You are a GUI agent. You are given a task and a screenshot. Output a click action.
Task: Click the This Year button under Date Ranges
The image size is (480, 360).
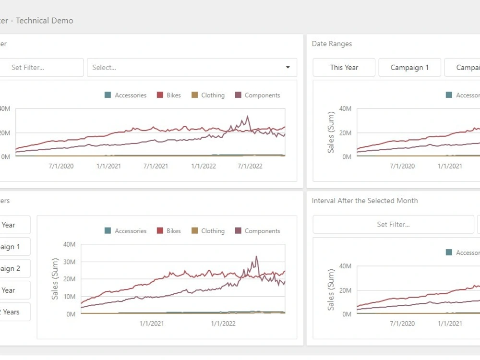pyautogui.click(x=344, y=68)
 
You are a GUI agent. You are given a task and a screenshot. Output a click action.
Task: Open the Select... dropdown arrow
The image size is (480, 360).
pyautogui.click(x=288, y=68)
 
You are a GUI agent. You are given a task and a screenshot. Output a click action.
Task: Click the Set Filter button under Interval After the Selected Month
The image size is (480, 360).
pyautogui.click(x=393, y=224)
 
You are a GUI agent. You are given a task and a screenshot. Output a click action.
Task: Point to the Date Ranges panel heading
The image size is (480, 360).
pyautogui.click(x=332, y=44)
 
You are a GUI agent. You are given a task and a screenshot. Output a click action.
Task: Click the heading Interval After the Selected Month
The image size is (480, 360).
pyautogui.click(x=365, y=201)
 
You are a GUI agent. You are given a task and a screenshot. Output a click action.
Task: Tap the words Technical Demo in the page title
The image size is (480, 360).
pyautogui.click(x=45, y=21)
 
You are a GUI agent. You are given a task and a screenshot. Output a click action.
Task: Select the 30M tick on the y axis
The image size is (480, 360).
pyautogui.click(x=69, y=262)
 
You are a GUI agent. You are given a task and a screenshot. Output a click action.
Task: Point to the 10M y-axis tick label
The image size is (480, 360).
pyautogui.click(x=69, y=297)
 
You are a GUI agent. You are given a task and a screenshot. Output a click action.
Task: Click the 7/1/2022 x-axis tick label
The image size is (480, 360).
pyautogui.click(x=250, y=166)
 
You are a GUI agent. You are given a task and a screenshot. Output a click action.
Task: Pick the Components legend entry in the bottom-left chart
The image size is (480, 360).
pyautogui.click(x=257, y=231)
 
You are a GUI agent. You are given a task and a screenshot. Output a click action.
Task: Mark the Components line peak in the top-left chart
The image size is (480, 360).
pyautogui.click(x=247, y=116)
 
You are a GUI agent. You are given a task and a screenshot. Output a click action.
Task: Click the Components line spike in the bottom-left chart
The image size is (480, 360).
pyautogui.click(x=256, y=257)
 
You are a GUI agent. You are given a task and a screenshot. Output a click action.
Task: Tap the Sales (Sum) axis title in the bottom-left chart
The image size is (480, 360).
pyautogui.click(x=55, y=279)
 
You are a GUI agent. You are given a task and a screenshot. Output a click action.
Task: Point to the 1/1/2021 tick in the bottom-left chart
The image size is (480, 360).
pyautogui.click(x=152, y=324)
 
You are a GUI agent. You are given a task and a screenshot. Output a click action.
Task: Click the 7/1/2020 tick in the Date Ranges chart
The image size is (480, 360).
pyautogui.click(x=402, y=166)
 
